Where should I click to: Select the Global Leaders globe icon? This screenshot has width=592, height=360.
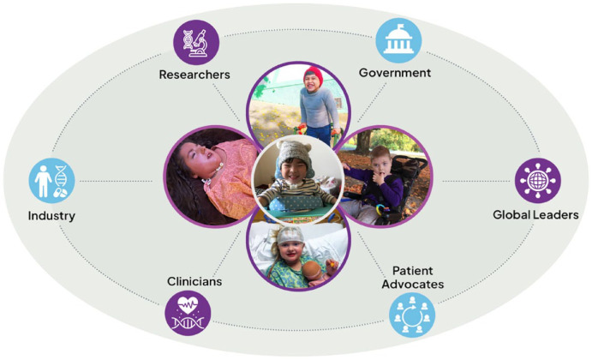click(538, 180)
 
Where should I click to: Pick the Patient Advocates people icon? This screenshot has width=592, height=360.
click(412, 313)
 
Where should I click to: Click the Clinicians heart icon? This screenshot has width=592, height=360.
click(187, 313)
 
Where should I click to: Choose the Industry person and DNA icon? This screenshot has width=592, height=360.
click(52, 181)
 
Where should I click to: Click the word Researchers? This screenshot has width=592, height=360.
click(194, 75)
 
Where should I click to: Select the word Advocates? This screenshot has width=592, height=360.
click(413, 284)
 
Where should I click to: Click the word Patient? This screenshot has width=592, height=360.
click(413, 270)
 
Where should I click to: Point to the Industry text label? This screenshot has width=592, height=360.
click(51, 215)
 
